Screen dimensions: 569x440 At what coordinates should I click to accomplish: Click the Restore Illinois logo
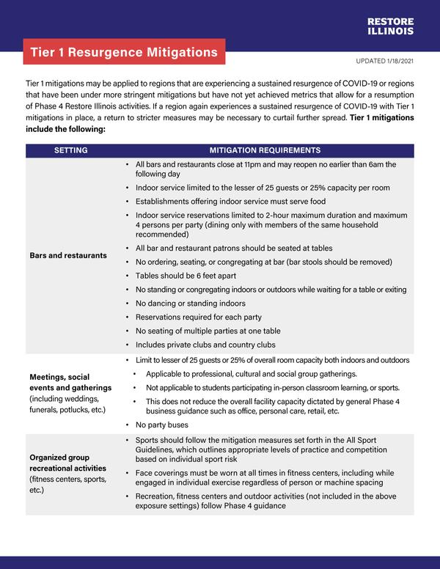[x=390, y=26]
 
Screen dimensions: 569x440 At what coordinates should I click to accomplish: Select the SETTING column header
[x=71, y=150]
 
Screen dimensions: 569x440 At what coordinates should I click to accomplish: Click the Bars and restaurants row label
[x=68, y=255]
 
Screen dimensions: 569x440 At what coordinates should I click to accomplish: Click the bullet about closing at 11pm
[x=265, y=169]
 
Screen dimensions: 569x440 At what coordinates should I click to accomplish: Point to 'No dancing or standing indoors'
[x=191, y=304]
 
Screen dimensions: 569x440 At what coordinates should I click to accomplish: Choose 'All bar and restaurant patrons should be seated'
[x=233, y=249]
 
